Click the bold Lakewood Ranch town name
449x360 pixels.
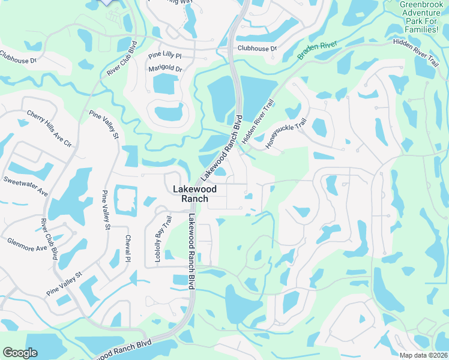190,193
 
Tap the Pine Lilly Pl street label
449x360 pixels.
164,56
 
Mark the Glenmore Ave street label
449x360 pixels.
26,244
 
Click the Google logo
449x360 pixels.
20,353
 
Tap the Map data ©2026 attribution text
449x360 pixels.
424,355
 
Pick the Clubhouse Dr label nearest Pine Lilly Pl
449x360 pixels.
257,48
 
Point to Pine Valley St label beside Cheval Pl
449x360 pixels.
106,209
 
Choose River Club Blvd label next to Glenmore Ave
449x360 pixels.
49,238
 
